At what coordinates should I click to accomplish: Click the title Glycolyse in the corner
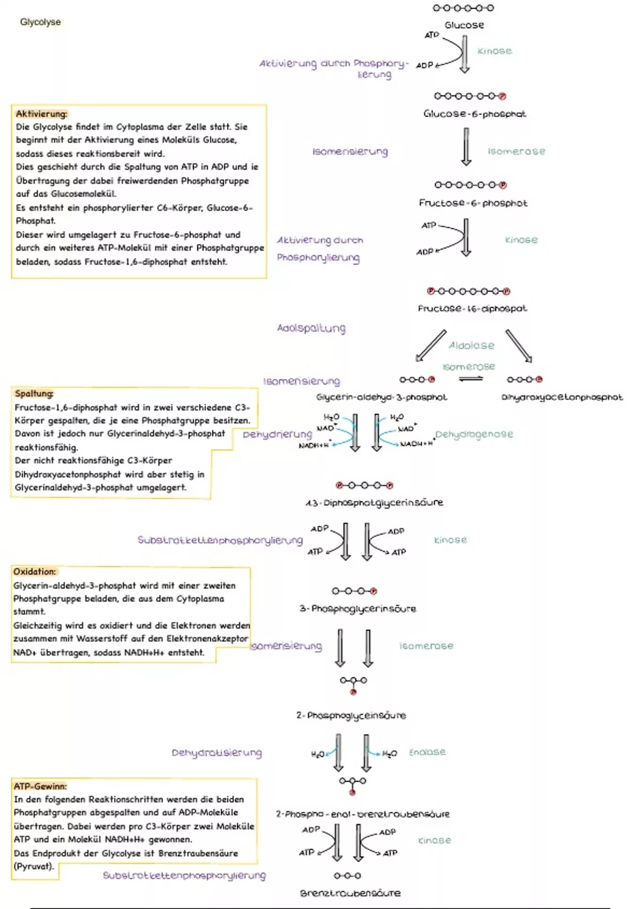pos(40,22)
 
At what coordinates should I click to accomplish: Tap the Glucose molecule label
pos(464,25)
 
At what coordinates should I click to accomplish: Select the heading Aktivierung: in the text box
pos(42,114)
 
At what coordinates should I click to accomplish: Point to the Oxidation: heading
pos(35,572)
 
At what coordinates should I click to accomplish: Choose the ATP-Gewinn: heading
pos(41,786)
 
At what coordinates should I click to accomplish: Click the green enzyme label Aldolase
pos(471,346)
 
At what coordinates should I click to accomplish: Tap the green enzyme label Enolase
pos(427,752)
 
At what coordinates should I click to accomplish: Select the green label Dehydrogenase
pos(474,434)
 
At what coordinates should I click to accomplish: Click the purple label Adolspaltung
pos(311,328)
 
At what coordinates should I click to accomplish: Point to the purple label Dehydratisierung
pos(216,753)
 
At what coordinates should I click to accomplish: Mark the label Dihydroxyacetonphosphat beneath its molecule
pos(562,397)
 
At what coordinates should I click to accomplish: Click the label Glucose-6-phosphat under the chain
pos(474,114)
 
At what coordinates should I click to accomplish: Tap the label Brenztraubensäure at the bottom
pos(350,893)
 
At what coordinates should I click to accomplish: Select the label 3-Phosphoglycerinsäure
pos(357,608)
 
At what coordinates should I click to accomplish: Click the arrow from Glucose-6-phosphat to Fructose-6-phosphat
pos(466,147)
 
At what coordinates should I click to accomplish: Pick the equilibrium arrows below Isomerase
pos(471,379)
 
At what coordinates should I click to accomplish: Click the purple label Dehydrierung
pos(277,434)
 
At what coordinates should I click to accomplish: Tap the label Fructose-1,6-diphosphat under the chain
pos(472,309)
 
